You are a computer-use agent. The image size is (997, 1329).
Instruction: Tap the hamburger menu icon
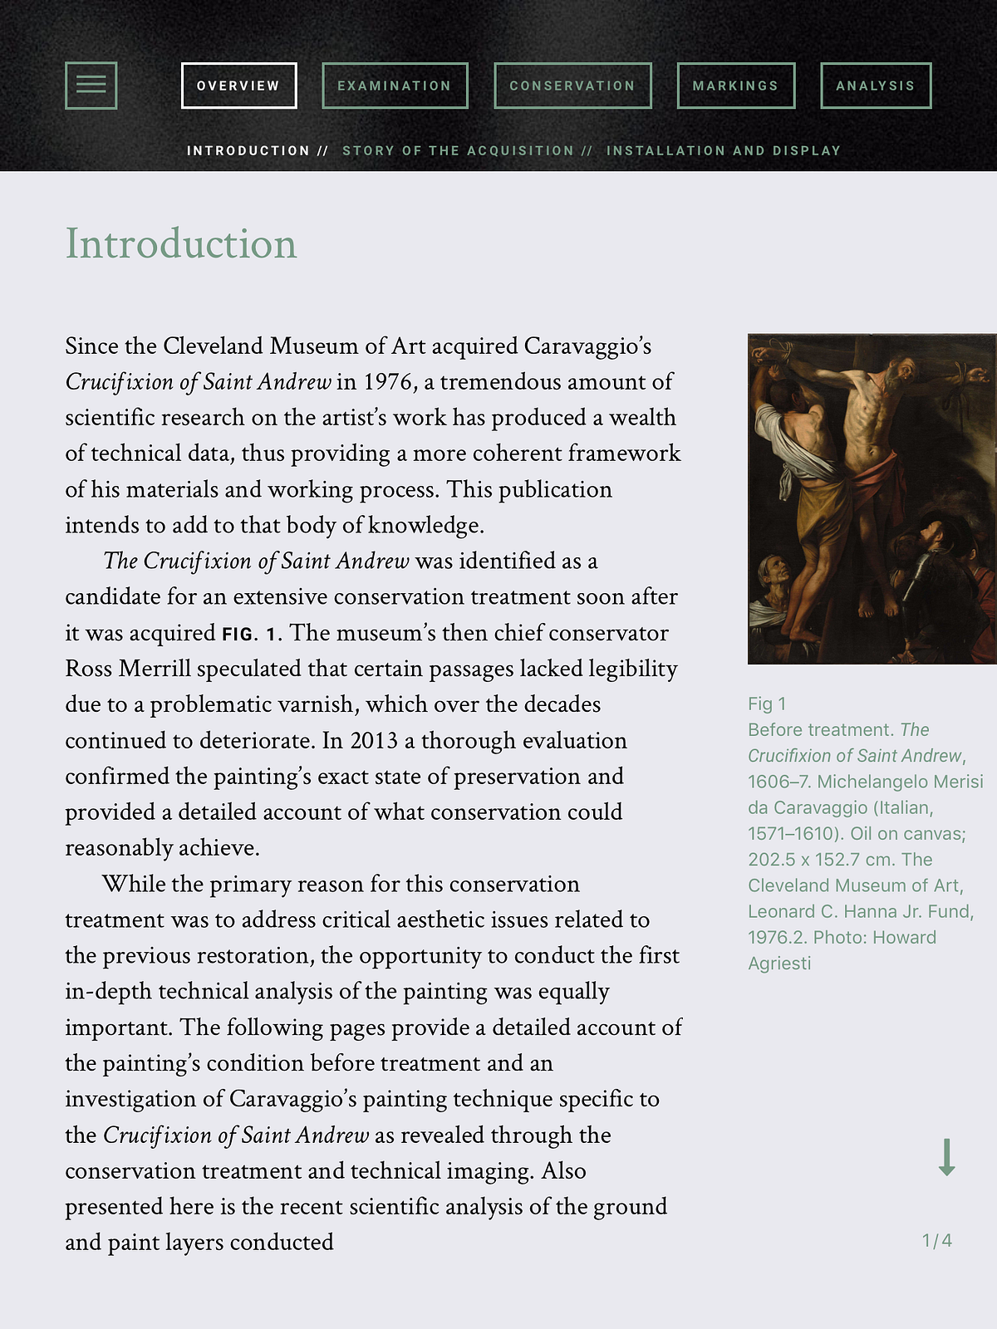[91, 85]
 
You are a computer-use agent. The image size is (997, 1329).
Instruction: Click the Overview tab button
[238, 86]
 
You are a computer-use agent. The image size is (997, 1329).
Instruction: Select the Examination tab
[395, 86]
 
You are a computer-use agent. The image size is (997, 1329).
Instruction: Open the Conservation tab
[572, 86]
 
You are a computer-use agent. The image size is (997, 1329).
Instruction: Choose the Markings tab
[736, 86]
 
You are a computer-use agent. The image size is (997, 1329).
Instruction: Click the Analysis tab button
[876, 86]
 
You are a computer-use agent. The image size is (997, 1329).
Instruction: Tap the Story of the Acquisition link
[459, 150]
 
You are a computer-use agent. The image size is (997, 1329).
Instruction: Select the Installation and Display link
[724, 150]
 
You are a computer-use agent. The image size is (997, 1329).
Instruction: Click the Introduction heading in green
[181, 243]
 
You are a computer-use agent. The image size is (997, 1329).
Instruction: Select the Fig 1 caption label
[766, 704]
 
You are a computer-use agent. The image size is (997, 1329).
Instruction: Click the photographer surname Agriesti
[779, 963]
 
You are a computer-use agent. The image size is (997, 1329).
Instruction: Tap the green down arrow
[946, 1157]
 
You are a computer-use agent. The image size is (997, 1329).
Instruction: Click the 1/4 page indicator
[937, 1240]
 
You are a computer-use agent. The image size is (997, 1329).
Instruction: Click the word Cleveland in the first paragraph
[213, 346]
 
